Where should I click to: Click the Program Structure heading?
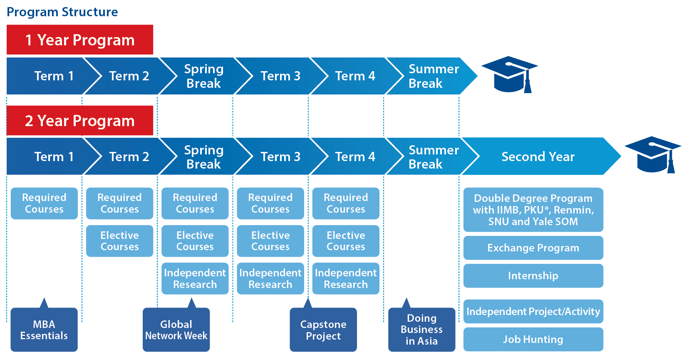pos(62,12)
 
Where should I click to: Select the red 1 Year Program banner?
pos(79,40)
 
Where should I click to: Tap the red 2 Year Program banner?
pos(79,121)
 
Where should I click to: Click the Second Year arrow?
pos(538,156)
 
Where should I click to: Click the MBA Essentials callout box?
pos(44,330)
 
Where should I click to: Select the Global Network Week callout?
pos(176,330)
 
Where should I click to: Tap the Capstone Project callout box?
pos(323,330)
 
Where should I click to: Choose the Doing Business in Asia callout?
pos(421,330)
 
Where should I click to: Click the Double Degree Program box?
pos(533,210)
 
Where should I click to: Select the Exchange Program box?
pos(533,248)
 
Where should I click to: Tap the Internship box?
pos(533,276)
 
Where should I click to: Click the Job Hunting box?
pos(533,339)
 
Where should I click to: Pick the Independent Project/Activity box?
pos(533,311)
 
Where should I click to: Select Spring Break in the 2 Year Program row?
pos(203,156)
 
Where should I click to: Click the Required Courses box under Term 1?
pos(44,203)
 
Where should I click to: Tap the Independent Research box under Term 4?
pos(346,278)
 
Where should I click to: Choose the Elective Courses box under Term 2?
pos(119,241)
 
